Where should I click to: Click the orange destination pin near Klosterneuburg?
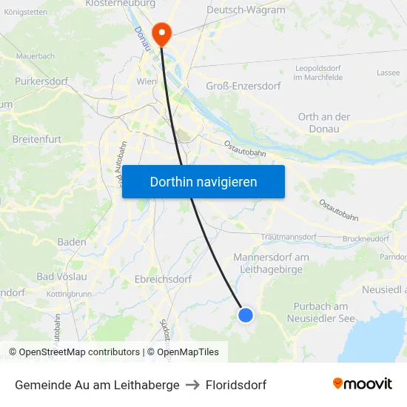tap(161, 33)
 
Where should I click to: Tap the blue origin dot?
tap(246, 315)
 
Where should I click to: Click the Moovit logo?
tap(363, 384)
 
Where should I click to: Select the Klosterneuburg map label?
tap(120, 4)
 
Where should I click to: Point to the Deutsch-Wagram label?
tap(246, 10)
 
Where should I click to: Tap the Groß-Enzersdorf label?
tap(243, 86)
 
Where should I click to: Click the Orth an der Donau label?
tap(323, 123)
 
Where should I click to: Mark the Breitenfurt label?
tap(37, 138)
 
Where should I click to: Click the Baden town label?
tap(72, 242)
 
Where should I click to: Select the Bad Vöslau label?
tap(61, 276)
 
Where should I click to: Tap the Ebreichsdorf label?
tap(163, 280)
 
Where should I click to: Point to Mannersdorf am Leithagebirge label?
tap(271, 263)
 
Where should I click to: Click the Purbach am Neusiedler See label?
tap(320, 312)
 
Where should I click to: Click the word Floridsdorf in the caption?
tap(235, 385)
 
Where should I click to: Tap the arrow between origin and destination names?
tap(192, 385)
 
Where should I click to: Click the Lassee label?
tap(388, 73)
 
